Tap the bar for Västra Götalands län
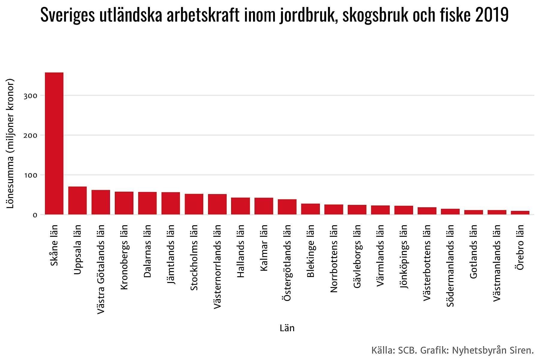point(101,202)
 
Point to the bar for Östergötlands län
point(287,207)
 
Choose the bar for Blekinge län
point(311,209)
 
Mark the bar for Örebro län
point(520,213)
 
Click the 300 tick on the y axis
point(31,96)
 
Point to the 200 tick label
point(31,135)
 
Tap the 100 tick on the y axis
point(31,175)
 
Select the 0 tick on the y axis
point(35,215)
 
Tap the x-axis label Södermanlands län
point(451,266)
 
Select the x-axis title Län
point(287,328)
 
